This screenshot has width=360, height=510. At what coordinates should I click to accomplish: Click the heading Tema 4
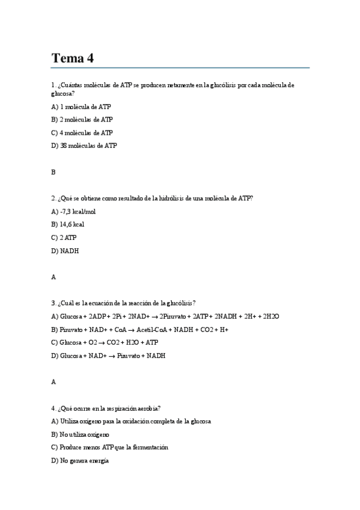(73, 58)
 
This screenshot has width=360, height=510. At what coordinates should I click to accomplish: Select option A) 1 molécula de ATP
(81, 106)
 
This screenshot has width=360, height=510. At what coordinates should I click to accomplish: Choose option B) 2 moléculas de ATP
(82, 120)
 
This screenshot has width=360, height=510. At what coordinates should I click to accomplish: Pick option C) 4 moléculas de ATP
(82, 132)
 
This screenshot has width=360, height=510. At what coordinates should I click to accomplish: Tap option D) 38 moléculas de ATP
(84, 146)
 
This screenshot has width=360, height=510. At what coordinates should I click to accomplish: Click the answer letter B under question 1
(53, 171)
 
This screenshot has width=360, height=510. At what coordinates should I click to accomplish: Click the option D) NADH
(65, 251)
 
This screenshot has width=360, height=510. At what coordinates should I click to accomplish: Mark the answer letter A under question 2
(53, 277)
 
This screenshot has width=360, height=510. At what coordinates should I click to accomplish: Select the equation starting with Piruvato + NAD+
(144, 330)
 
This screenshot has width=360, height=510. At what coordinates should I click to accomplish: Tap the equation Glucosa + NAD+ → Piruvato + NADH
(112, 355)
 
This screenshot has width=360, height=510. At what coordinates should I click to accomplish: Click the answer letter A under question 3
(53, 382)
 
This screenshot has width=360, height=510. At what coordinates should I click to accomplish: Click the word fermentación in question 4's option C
(148, 447)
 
